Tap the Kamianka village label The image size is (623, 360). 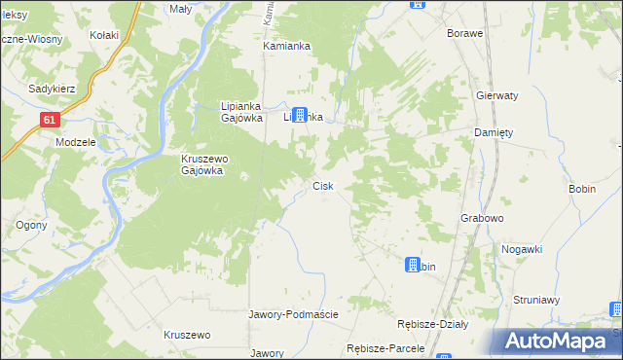pos(286,46)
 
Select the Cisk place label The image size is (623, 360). pos(323,185)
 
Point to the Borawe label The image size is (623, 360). pos(464,33)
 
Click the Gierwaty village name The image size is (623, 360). pos(496,96)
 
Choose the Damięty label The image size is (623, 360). pos(493,132)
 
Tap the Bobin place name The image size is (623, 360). pos(581,189)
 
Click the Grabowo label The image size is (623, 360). pos(482,219)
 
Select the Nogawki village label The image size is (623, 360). pos(522,249)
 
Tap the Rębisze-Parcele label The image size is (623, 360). pos(387,347)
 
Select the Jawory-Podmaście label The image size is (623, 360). pos(293,314)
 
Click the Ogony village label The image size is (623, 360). pos(26,225)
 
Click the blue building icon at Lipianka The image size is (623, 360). pos(300,114)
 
